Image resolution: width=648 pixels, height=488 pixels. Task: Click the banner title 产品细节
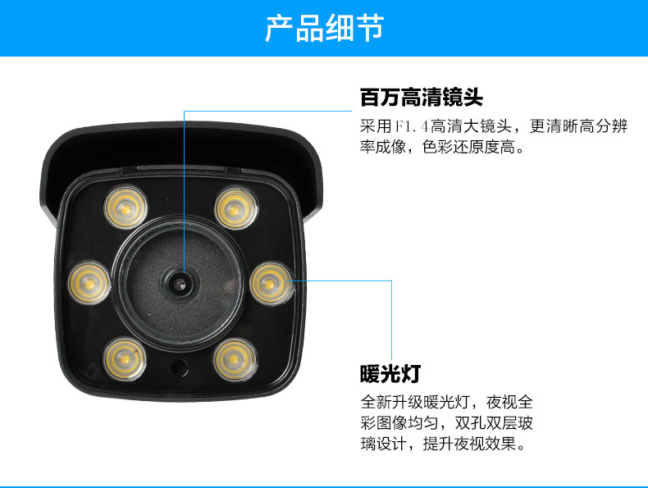[325, 28]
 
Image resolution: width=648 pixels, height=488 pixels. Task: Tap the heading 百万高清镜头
[422, 98]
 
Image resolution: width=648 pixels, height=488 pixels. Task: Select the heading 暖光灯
[390, 374]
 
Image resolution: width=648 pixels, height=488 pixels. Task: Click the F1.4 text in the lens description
[413, 126]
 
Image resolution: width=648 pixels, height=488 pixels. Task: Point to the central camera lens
[180, 284]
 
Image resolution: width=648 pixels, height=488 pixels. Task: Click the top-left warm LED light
[125, 208]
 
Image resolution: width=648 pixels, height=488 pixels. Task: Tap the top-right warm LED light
[236, 208]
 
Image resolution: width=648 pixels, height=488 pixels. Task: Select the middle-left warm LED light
[89, 283]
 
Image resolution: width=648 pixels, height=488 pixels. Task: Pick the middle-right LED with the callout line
[272, 284]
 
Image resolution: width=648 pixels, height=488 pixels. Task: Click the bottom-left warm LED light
[125, 359]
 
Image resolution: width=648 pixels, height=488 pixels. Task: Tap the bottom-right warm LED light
[235, 359]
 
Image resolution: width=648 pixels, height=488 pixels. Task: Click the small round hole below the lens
[180, 367]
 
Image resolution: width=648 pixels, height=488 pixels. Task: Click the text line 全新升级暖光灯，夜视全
[447, 402]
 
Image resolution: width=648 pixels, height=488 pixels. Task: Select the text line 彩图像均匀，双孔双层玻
[447, 423]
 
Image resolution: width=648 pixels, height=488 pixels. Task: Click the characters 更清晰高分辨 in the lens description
[578, 126]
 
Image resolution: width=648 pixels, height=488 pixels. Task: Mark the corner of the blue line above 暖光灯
[391, 281]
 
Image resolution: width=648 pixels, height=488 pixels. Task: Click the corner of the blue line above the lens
[185, 111]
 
